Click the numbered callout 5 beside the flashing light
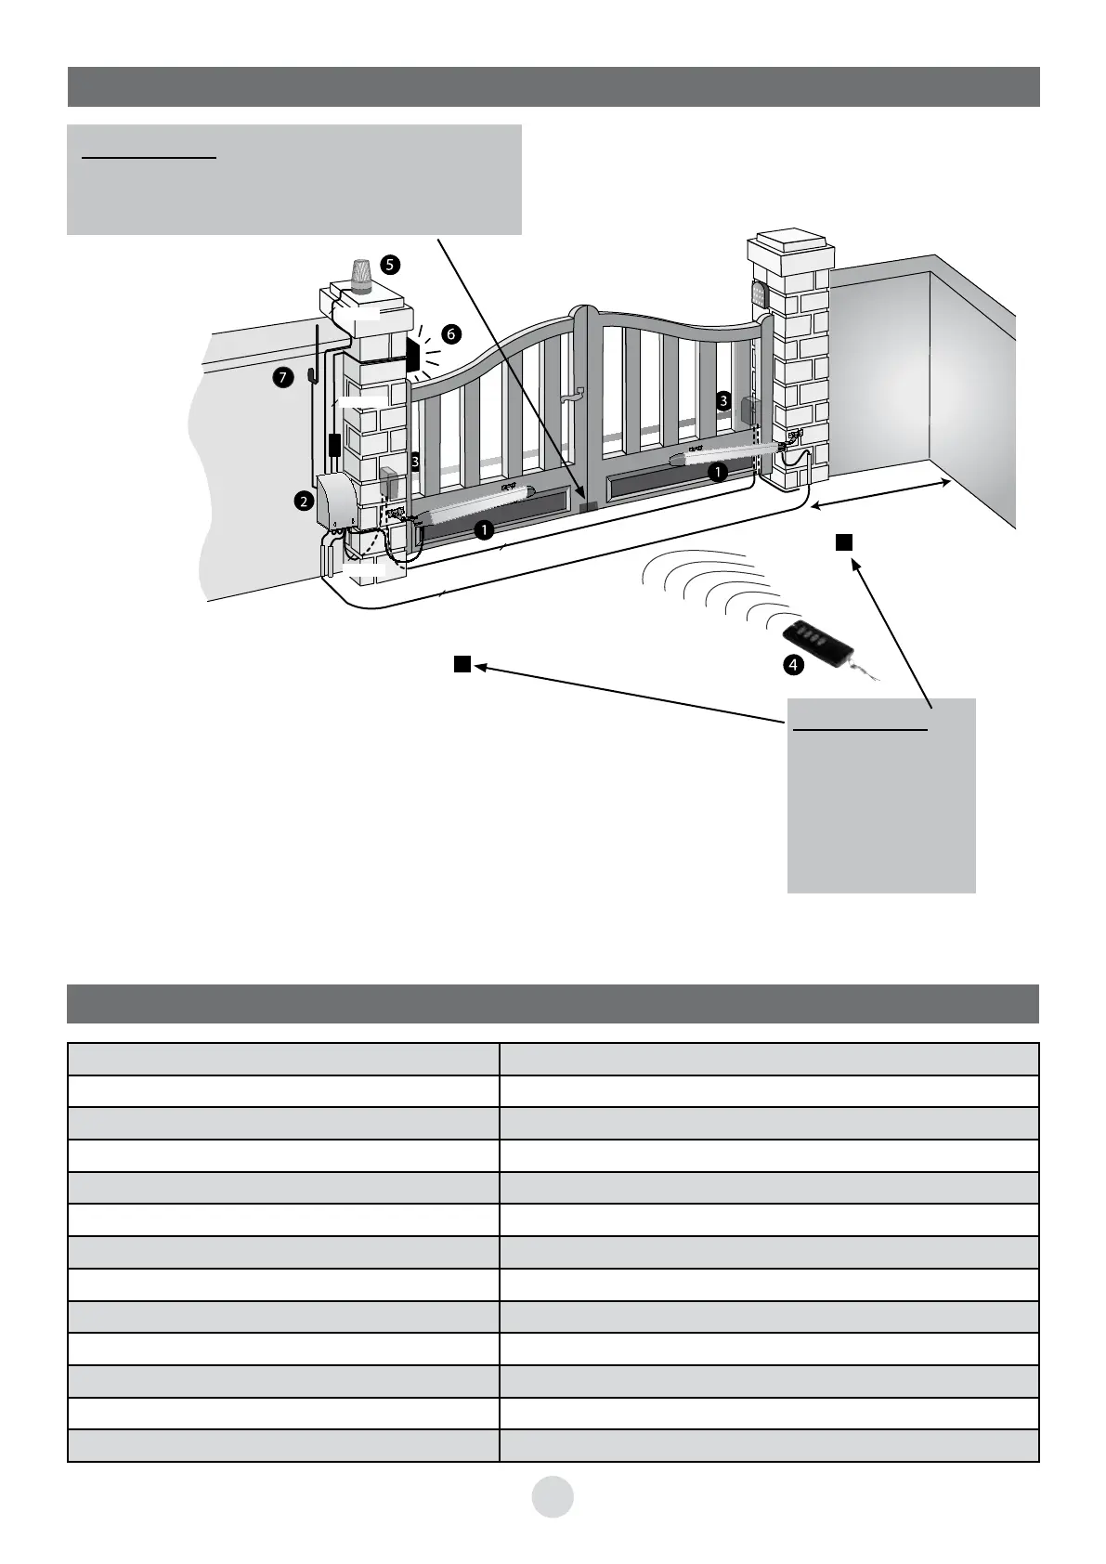[390, 265]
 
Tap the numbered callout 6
[450, 334]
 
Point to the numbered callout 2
[303, 502]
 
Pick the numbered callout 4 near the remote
[793, 664]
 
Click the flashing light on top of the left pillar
[360, 275]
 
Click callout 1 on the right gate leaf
[717, 472]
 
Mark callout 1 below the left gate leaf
[483, 529]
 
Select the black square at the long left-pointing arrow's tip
[462, 663]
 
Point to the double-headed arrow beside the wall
[880, 492]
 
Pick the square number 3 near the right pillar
[722, 400]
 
